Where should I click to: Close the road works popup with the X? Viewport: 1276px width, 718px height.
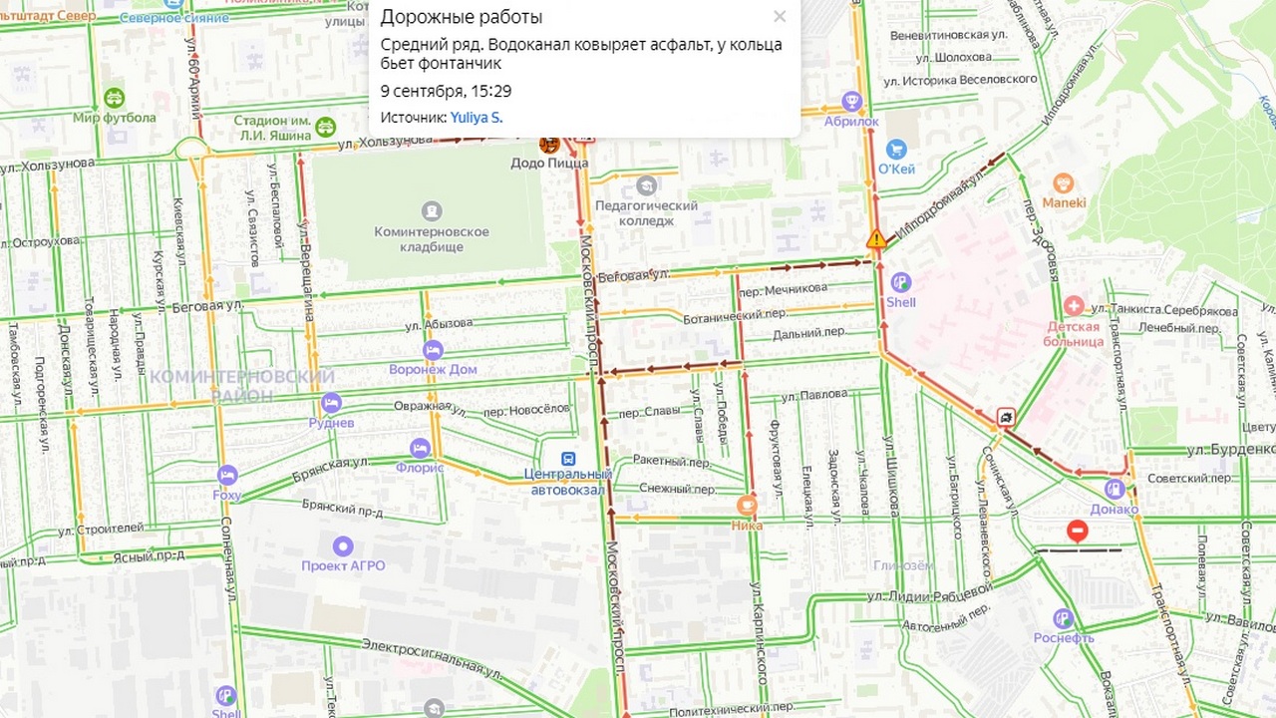(x=780, y=16)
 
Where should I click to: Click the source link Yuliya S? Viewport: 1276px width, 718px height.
(x=476, y=118)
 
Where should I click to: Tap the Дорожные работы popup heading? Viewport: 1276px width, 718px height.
(x=462, y=17)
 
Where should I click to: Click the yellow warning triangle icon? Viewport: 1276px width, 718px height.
(x=876, y=239)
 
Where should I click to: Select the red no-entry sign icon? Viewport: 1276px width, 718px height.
(x=1077, y=532)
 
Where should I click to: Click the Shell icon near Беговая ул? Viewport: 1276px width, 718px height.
(x=901, y=283)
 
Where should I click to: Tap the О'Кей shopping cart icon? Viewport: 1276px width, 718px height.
(x=895, y=150)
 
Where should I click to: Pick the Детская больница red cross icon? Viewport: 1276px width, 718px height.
(x=1074, y=305)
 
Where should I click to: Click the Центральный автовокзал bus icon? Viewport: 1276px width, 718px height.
(x=568, y=458)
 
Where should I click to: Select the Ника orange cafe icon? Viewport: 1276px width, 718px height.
(x=747, y=506)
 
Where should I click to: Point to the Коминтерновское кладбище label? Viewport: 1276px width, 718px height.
(x=432, y=238)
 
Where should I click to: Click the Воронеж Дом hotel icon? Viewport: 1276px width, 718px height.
(x=433, y=350)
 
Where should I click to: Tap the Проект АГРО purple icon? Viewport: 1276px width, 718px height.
(x=343, y=546)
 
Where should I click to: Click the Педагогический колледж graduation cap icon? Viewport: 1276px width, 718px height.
(x=647, y=185)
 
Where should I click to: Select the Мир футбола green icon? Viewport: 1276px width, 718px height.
(x=114, y=98)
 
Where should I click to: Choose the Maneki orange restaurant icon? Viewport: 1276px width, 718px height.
(x=1064, y=183)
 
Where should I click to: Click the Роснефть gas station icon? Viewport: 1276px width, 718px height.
(x=1063, y=618)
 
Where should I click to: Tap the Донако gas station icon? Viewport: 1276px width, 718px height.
(x=1115, y=490)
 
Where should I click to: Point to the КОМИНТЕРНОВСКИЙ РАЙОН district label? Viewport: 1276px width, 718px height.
(x=241, y=386)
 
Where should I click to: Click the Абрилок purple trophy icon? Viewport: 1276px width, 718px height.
(x=851, y=101)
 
